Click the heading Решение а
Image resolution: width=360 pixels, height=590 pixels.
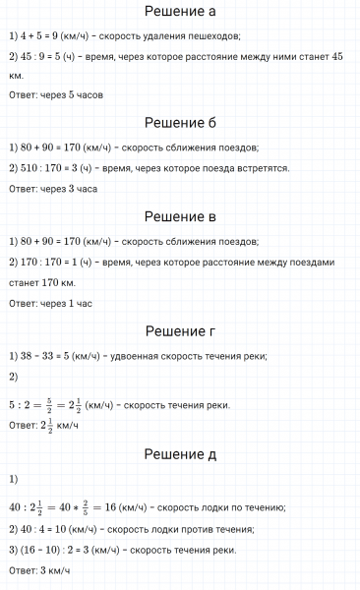(x=180, y=12)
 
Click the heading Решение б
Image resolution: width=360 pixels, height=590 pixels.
(x=180, y=123)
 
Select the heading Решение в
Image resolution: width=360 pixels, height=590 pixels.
(x=180, y=216)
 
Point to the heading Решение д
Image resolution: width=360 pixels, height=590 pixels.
(x=180, y=454)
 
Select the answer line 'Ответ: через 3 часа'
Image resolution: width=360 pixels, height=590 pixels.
(x=52, y=189)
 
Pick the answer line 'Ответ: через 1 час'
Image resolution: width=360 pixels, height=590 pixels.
(x=49, y=302)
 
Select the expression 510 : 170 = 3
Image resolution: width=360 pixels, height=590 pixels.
(x=52, y=168)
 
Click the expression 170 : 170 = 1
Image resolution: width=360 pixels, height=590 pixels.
(x=52, y=262)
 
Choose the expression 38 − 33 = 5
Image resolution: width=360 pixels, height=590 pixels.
(x=46, y=355)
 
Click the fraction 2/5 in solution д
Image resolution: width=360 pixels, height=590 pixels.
(x=96, y=506)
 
